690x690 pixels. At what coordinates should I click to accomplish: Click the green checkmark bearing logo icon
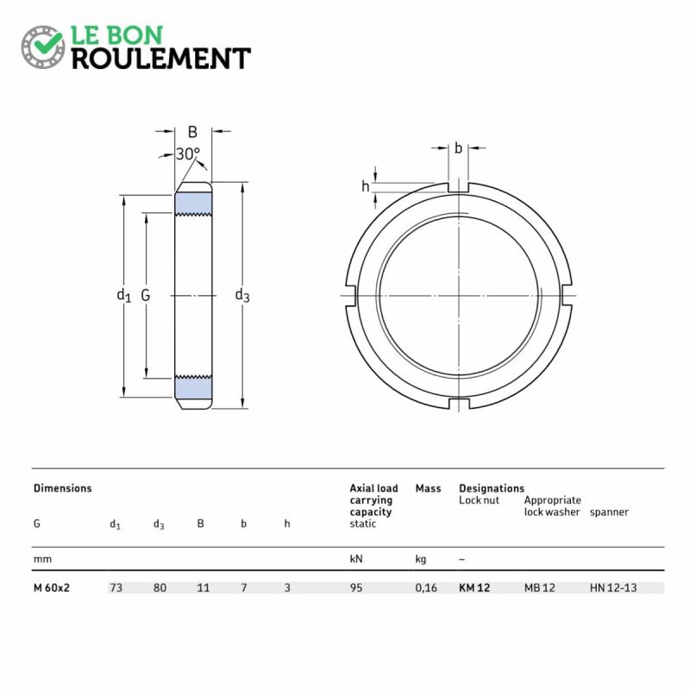pyautogui.click(x=42, y=47)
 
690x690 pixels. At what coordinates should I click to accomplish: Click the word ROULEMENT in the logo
pyautogui.click(x=161, y=59)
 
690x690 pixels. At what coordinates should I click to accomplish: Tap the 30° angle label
pyautogui.click(x=188, y=154)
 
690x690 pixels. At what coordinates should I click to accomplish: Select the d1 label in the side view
pyautogui.click(x=123, y=295)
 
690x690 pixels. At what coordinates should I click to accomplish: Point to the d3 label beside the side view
pyautogui.click(x=242, y=295)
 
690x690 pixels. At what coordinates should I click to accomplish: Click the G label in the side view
pyautogui.click(x=145, y=295)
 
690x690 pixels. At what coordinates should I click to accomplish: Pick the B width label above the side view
pyautogui.click(x=192, y=132)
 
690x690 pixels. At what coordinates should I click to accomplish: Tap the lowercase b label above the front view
pyautogui.click(x=458, y=147)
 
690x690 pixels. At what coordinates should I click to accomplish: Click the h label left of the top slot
pyautogui.click(x=365, y=186)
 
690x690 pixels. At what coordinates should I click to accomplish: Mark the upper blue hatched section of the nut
pyautogui.click(x=193, y=204)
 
